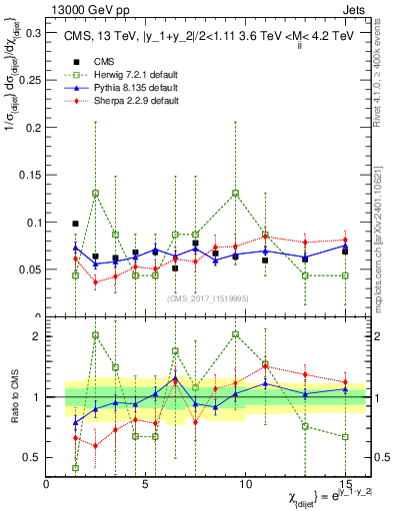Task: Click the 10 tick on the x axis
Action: (x=245, y=485)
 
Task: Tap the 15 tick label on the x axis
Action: (x=345, y=485)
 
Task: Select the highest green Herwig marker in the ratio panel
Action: (x=95, y=335)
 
